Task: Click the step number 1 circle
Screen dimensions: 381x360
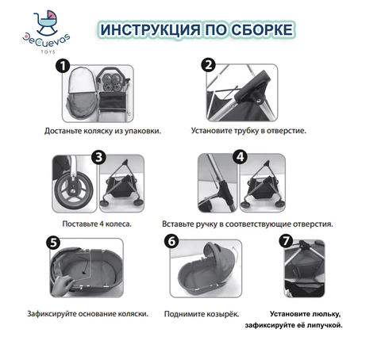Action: (63, 66)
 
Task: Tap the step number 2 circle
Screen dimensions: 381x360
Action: (209, 65)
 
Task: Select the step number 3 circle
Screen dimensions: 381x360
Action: (98, 157)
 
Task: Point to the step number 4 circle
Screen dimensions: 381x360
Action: (240, 157)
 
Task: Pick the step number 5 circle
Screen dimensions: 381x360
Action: (53, 243)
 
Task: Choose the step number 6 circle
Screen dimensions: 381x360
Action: (171, 241)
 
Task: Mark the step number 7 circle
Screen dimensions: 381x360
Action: (286, 240)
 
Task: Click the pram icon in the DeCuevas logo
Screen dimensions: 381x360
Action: (47, 23)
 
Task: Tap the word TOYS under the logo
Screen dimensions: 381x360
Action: (48, 52)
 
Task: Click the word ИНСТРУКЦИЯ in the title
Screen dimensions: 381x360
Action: (151, 29)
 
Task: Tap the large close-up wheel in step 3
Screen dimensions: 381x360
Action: (74, 189)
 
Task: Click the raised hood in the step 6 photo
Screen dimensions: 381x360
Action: (217, 256)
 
